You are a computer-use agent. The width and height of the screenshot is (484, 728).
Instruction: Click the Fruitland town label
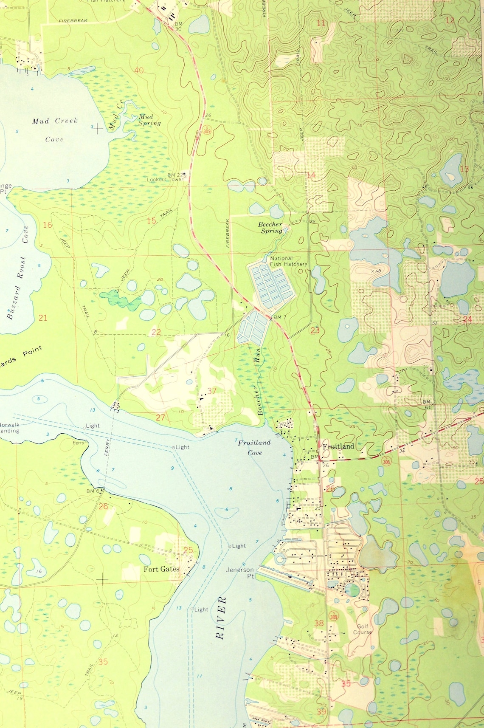tap(338, 446)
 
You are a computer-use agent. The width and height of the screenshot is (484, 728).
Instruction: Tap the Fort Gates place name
tap(161, 569)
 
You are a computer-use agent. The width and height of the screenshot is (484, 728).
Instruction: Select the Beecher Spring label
tap(271, 228)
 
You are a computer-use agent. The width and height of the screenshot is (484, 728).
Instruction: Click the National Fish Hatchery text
tap(288, 261)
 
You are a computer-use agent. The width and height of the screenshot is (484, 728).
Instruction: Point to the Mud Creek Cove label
tap(54, 130)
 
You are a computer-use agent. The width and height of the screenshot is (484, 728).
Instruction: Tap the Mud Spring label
tap(149, 120)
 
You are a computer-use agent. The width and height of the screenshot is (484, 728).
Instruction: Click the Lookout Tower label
tap(165, 180)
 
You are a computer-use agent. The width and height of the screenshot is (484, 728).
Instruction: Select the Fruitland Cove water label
tap(254, 447)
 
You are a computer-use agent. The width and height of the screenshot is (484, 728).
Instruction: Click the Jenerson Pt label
tap(240, 573)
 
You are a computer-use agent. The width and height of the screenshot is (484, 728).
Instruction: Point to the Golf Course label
tap(362, 629)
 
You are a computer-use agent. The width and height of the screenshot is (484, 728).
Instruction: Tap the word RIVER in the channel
tap(220, 618)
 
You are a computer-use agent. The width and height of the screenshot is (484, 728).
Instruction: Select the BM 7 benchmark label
tap(280, 317)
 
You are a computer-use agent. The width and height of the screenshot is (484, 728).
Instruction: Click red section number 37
tap(212, 391)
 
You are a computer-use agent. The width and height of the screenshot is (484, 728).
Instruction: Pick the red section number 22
tap(156, 332)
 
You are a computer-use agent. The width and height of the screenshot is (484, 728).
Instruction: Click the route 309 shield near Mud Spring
tap(207, 131)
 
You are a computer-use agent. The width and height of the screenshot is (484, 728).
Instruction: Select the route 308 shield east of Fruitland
tap(386, 461)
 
